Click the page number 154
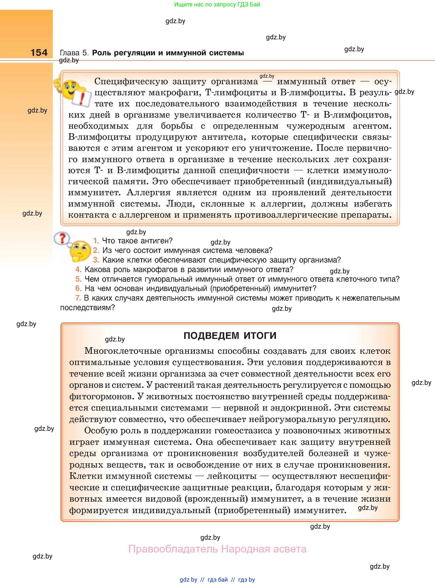[x=39, y=53]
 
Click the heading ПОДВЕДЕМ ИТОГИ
[x=230, y=336]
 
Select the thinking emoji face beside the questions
[x=79, y=251]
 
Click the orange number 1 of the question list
[x=96, y=241]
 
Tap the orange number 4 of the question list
[x=78, y=270]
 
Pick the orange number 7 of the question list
[x=78, y=298]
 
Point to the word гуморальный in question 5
[x=170, y=279]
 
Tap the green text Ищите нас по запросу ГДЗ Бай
[x=217, y=4]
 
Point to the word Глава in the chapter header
[x=70, y=53]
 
